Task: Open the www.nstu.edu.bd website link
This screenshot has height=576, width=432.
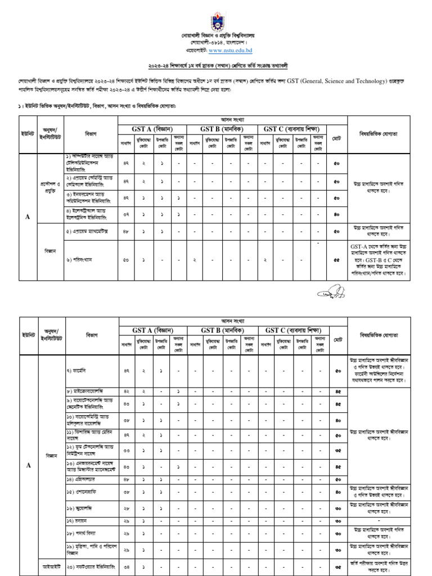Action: coord(230,50)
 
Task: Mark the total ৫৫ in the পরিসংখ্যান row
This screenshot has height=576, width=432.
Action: coord(336,260)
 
